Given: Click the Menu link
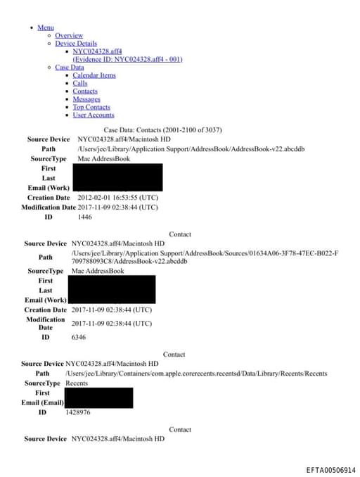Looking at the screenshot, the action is point(46,27).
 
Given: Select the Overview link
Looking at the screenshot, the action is point(69,35).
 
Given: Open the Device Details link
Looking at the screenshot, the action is point(76,44).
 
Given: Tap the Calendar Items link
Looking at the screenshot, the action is point(94,75).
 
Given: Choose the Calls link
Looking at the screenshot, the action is point(80,83).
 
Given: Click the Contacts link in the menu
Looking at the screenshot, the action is point(85,91).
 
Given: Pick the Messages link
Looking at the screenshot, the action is point(86,99).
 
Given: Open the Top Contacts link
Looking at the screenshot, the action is point(91,107).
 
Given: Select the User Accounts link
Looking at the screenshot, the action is point(93,115).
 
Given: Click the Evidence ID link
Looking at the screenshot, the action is point(127,59).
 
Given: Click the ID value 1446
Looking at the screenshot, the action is point(84,217).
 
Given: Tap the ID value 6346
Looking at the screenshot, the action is point(79,338).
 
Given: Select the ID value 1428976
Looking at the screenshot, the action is point(77,412).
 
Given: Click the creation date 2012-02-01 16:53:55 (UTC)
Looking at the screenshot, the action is point(117,198).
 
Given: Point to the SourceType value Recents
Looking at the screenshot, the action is point(77,383).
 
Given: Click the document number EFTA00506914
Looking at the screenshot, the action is point(331,469).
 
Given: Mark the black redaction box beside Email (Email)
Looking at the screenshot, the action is point(99,397).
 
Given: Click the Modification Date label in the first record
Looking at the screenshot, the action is point(49,208).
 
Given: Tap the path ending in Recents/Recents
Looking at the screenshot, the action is point(196,374).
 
